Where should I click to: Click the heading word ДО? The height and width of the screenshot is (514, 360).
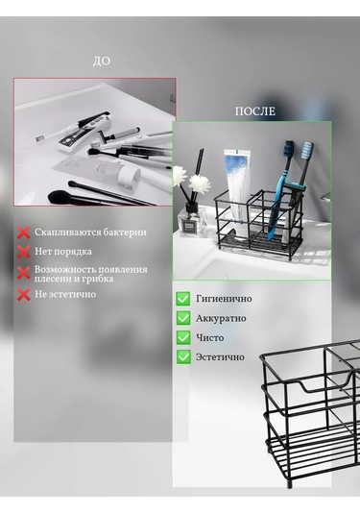pyautogui.click(x=102, y=61)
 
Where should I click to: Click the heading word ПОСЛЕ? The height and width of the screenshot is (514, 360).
pyautogui.click(x=254, y=111)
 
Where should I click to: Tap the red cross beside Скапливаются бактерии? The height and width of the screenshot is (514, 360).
pyautogui.click(x=23, y=232)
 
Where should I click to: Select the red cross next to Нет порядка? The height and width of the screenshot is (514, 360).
pyautogui.click(x=23, y=252)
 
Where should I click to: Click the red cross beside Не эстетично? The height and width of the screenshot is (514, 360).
pyautogui.click(x=23, y=294)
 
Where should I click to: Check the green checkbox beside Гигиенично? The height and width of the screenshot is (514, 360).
pyautogui.click(x=183, y=299)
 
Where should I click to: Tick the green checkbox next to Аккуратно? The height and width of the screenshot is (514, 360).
pyautogui.click(x=183, y=318)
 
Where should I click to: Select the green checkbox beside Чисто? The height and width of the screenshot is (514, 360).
pyautogui.click(x=183, y=337)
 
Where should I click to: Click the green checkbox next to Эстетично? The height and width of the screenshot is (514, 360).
pyautogui.click(x=183, y=356)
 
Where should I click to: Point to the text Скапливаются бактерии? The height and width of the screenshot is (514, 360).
pyautogui.click(x=91, y=233)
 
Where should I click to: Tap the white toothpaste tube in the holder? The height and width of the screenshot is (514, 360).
pyautogui.click(x=236, y=183)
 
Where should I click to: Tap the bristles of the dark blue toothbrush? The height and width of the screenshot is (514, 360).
pyautogui.click(x=308, y=151)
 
